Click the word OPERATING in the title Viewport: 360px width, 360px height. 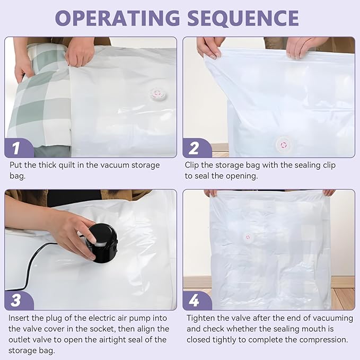click(x=117, y=18)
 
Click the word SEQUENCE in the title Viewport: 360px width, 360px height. click(x=243, y=18)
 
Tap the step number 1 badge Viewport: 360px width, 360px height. click(x=19, y=148)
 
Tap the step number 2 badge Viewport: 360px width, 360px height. click(x=197, y=148)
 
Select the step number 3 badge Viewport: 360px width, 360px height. click(x=19, y=300)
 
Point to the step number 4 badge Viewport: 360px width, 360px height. click(x=197, y=300)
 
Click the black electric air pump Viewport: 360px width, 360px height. click(x=101, y=243)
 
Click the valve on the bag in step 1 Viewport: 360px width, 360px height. click(x=156, y=94)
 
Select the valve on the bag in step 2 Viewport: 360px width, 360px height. click(x=284, y=145)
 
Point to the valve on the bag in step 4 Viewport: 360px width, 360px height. click(x=248, y=237)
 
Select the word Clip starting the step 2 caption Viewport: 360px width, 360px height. click(x=192, y=165)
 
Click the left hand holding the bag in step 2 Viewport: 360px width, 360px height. click(x=209, y=48)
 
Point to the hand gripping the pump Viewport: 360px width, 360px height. click(x=74, y=230)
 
